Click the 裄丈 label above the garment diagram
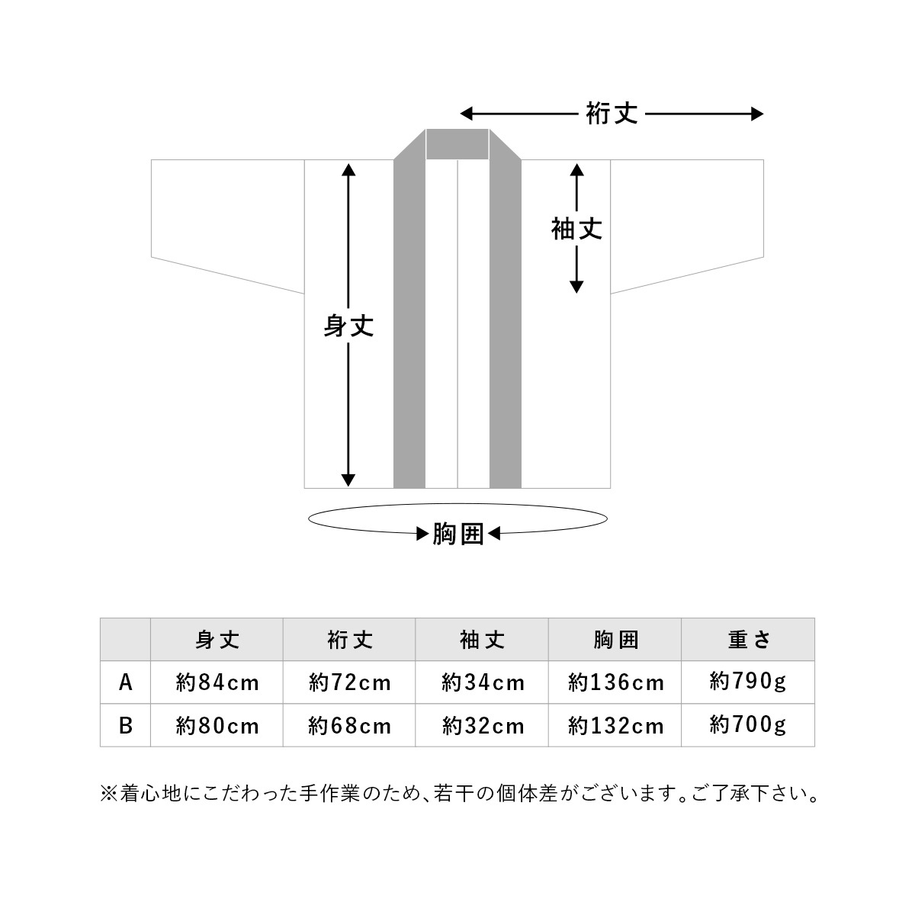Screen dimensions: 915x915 click(611, 114)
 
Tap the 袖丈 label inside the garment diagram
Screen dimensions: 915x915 click(576, 229)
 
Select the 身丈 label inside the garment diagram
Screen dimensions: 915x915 click(348, 326)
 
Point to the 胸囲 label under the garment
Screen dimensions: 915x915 click(457, 534)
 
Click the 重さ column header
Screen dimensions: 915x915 click(748, 640)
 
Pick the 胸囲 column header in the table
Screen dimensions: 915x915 click(615, 640)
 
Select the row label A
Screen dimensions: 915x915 click(125, 682)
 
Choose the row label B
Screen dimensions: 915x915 click(125, 726)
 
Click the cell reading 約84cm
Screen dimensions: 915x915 click(217, 682)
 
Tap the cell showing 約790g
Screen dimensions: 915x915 click(748, 682)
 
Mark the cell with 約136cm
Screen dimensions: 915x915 click(615, 682)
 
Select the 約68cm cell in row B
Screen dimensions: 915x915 click(349, 726)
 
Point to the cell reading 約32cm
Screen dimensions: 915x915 click(483, 726)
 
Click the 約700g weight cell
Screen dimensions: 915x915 click(748, 724)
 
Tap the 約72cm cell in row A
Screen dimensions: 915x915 click(349, 682)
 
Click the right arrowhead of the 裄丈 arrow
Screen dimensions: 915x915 click(758, 114)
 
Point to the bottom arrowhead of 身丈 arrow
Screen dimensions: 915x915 click(348, 480)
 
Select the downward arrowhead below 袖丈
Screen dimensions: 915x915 click(576, 287)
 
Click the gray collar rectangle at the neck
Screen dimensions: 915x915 click(457, 144)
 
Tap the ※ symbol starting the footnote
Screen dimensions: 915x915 click(109, 794)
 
